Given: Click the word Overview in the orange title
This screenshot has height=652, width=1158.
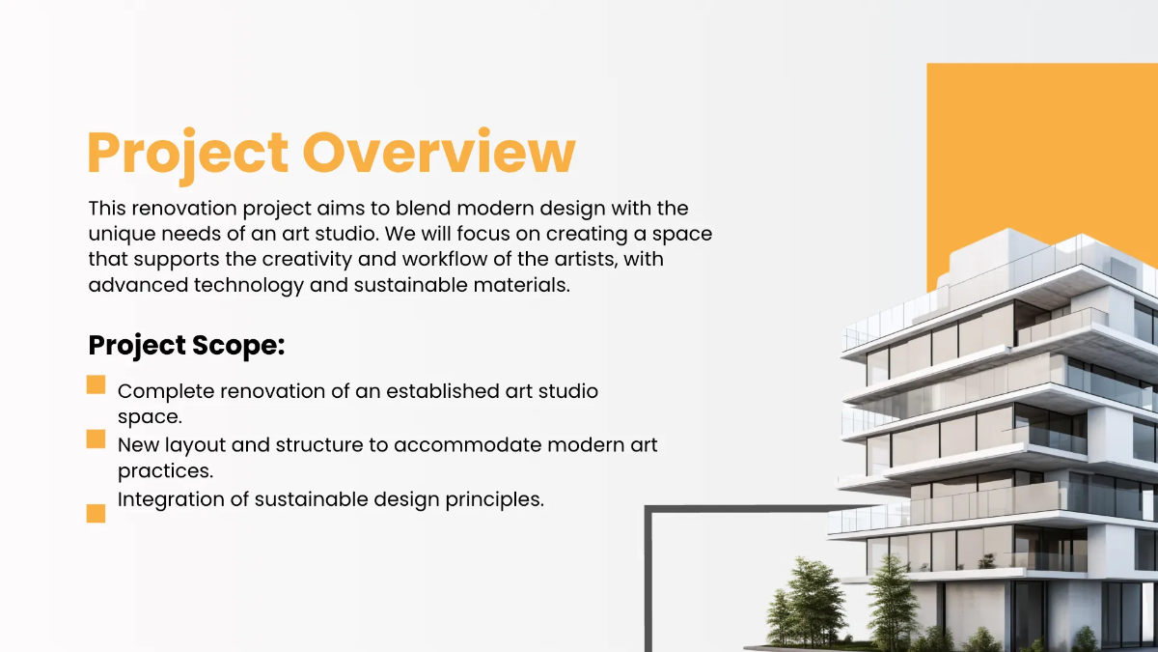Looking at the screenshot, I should [x=439, y=152].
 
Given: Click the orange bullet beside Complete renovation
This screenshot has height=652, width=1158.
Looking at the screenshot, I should [x=96, y=385].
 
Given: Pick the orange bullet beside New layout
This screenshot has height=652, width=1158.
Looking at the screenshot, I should [x=96, y=439].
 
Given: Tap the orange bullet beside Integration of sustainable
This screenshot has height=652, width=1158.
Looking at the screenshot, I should [x=96, y=513].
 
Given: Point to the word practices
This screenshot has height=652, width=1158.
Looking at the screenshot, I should [x=165, y=471].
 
